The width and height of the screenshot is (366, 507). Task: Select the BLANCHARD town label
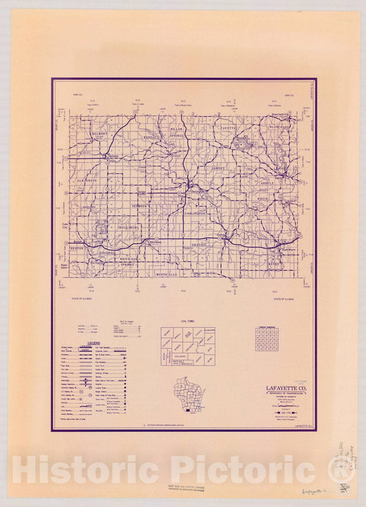[x=279, y=127]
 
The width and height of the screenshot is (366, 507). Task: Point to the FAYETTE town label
[x=227, y=128]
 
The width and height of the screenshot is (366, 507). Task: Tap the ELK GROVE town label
[x=89, y=181]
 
